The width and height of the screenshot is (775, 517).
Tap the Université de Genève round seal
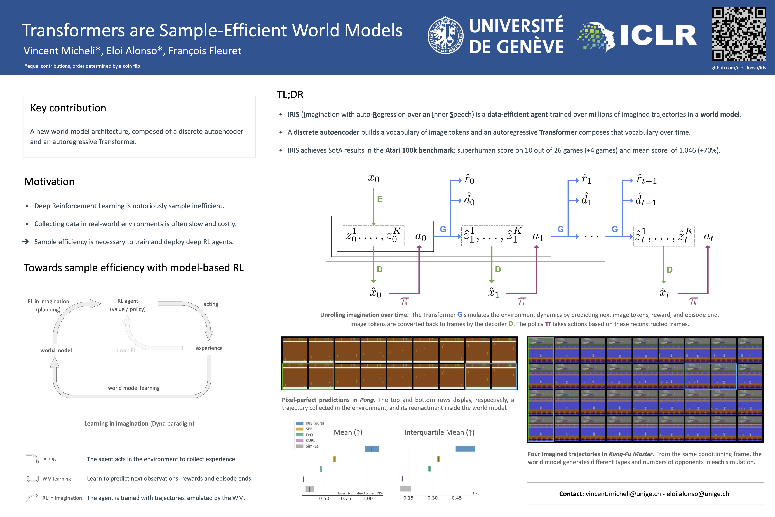(445, 35)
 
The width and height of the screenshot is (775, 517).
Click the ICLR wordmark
(658, 35)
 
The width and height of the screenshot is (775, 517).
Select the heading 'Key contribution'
(68, 108)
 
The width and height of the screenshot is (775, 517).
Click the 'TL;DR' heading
(290, 95)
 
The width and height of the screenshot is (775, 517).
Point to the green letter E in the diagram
(380, 199)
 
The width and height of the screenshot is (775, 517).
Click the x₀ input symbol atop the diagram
(373, 178)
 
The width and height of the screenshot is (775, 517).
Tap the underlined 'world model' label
(56, 350)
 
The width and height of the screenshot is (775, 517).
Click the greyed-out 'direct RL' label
(126, 350)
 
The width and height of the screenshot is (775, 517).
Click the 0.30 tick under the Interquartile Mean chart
(432, 498)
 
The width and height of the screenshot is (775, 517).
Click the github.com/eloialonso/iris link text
(738, 68)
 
